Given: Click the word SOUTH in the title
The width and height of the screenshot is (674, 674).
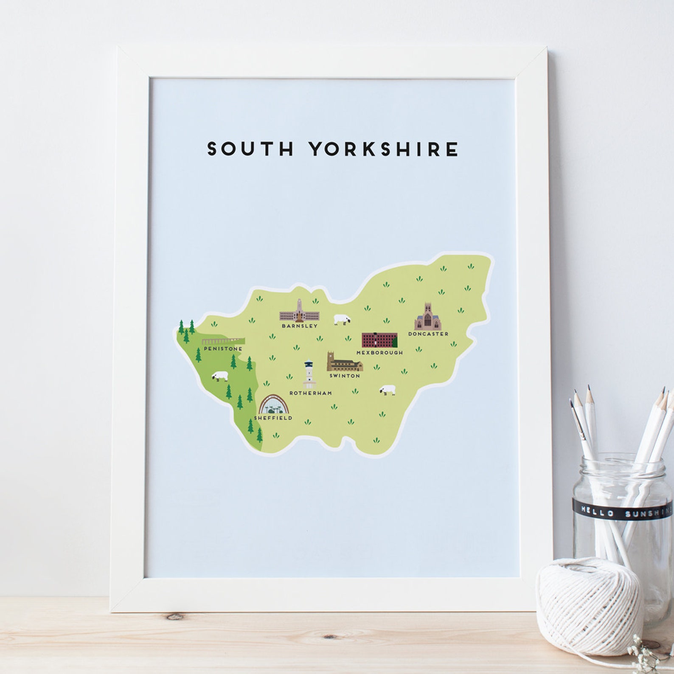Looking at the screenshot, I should point(250,149).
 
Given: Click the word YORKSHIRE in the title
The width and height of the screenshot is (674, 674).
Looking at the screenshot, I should point(383,149).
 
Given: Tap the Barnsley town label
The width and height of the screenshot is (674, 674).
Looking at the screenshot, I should point(299,326).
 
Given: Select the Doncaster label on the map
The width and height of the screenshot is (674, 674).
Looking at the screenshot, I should point(428,334).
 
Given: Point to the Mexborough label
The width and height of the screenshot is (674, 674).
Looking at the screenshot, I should point(379,353).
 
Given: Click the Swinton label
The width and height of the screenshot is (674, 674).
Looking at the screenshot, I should point(345,376).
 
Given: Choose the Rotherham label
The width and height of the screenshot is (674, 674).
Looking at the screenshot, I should point(311,393).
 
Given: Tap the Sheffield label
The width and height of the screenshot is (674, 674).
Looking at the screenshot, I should point(273,418).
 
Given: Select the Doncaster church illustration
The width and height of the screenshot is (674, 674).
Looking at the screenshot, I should point(428,317).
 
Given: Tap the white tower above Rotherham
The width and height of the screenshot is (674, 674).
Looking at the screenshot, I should point(309,374).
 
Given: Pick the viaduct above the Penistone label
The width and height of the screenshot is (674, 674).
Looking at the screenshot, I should point(223,341).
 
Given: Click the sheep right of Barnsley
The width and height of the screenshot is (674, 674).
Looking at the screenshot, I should point(342,319).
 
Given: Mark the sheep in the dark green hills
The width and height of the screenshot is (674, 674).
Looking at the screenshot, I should point(220,376).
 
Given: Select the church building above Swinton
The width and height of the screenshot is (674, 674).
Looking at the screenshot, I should point(344,362).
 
